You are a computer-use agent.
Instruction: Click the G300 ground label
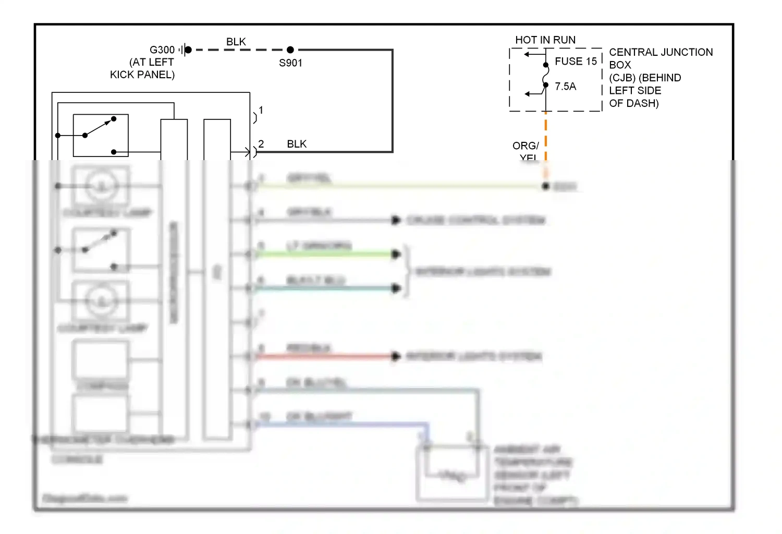pyautogui.click(x=162, y=50)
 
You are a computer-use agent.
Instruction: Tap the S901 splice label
pyautogui.click(x=290, y=63)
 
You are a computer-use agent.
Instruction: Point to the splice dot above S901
pyautogui.click(x=290, y=50)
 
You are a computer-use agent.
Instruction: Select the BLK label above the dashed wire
pyautogui.click(x=236, y=42)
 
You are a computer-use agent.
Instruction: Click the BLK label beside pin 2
pyautogui.click(x=297, y=144)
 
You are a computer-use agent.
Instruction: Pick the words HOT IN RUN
pyautogui.click(x=545, y=40)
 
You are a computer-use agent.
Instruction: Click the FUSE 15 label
pyautogui.click(x=576, y=62)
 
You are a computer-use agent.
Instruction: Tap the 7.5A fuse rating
pyautogui.click(x=565, y=87)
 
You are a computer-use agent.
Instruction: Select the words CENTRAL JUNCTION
pyautogui.click(x=661, y=52)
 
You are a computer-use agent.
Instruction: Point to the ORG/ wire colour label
pyautogui.click(x=526, y=145)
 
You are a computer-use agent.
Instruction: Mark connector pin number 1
pyautogui.click(x=261, y=111)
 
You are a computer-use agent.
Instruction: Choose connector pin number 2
pyautogui.click(x=261, y=144)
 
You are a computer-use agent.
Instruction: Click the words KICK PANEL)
pyautogui.click(x=142, y=75)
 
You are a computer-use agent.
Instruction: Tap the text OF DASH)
pyautogui.click(x=633, y=103)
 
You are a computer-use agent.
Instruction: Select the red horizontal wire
pyautogui.click(x=323, y=357)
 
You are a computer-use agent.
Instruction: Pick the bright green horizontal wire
pyautogui.click(x=323, y=254)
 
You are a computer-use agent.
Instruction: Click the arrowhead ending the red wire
pyautogui.click(x=396, y=357)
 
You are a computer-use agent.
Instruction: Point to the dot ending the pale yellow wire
pyautogui.click(x=546, y=186)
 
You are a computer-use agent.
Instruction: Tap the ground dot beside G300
pyautogui.click(x=188, y=50)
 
